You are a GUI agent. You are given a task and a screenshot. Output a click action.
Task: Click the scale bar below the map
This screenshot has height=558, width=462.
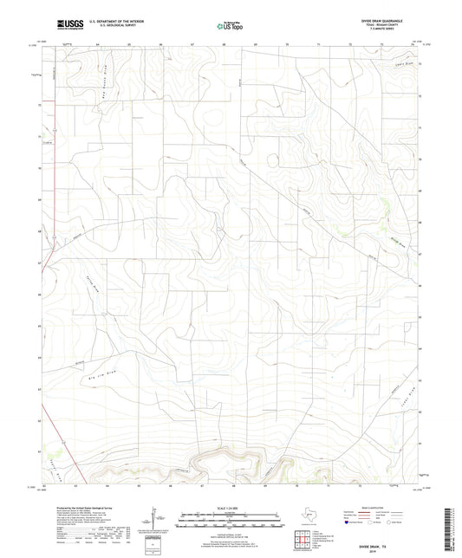(x=231, y=519)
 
